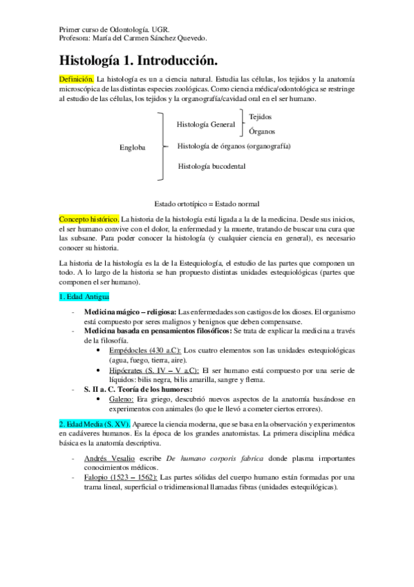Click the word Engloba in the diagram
tap(132, 147)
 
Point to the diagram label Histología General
tap(206, 124)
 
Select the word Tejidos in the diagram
tap(261, 118)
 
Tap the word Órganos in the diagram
tap(262, 130)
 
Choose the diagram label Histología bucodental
tap(211, 166)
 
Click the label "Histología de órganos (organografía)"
tap(234, 146)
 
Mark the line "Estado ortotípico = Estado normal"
tap(207, 204)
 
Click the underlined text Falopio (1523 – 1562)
tap(120, 478)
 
